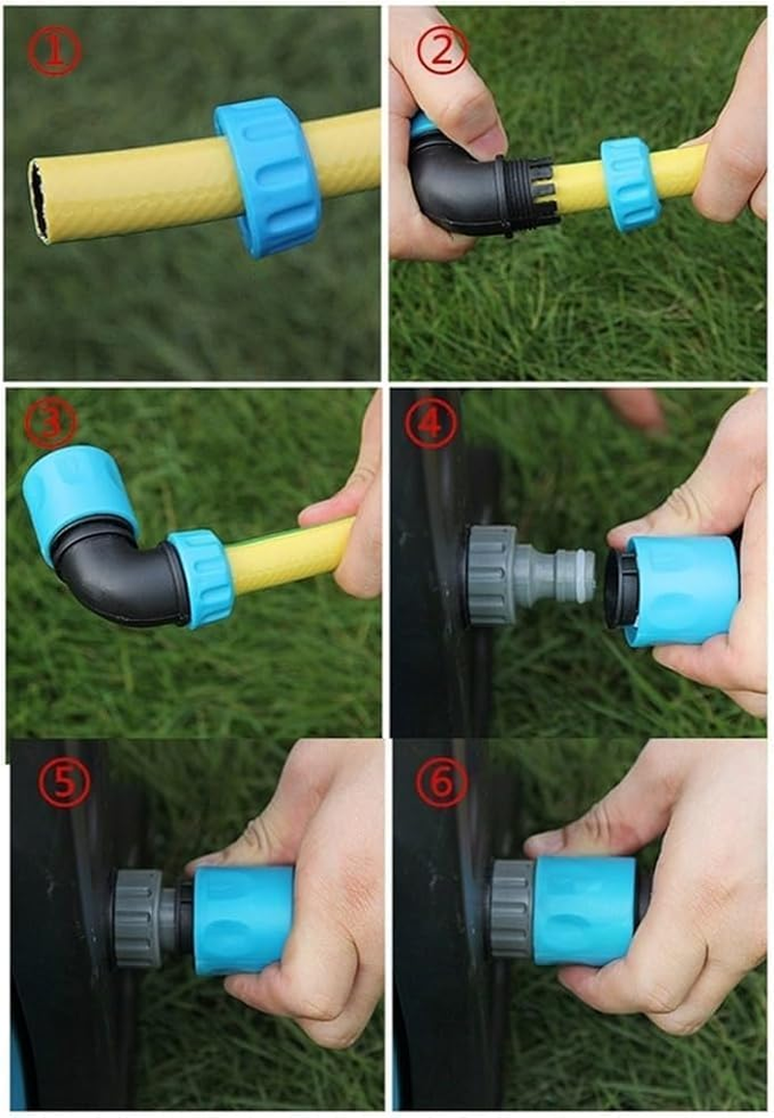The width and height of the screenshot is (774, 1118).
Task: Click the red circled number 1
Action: click(55, 53)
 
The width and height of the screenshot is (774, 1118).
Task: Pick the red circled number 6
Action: click(442, 784)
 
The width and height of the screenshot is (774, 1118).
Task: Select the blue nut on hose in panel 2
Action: click(630, 184)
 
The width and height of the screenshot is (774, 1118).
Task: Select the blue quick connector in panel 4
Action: click(677, 589)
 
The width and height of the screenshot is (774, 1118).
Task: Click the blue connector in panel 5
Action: click(243, 918)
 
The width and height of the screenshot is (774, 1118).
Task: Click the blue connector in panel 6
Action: click(584, 910)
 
